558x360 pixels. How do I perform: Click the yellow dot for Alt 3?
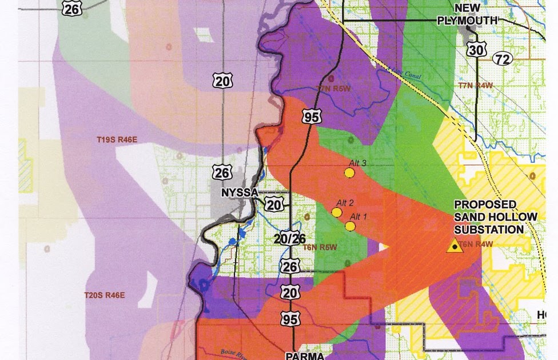tap(350, 172)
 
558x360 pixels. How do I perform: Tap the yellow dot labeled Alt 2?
tap(337, 212)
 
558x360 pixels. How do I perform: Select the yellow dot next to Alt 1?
tap(350, 226)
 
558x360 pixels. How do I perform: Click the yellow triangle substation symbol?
tap(455, 246)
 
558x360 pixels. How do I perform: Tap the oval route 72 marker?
tap(502, 58)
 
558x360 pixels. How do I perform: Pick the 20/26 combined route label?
tap(289, 239)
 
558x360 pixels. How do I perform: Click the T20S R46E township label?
tap(104, 295)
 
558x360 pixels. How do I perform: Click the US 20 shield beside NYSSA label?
tap(274, 204)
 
